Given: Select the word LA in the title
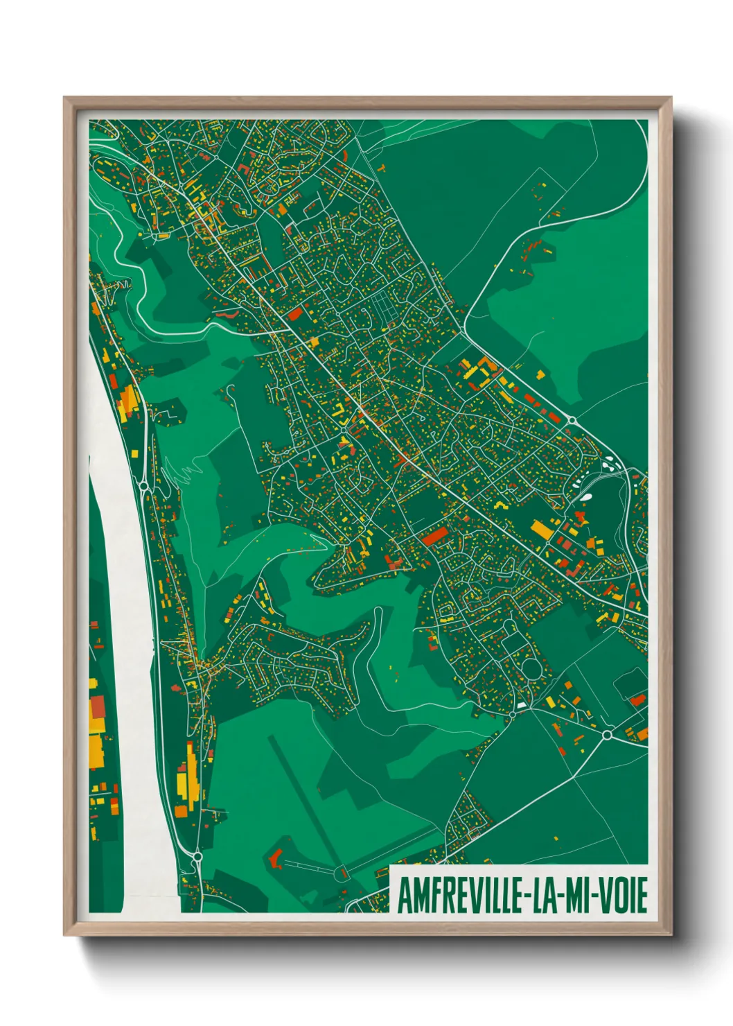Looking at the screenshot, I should tap(544, 896).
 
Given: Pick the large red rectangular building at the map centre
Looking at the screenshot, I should tap(436, 536).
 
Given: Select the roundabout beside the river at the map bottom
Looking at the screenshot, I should tap(197, 858).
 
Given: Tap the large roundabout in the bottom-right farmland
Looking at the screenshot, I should tap(608, 734).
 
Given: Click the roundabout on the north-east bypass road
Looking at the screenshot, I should tap(573, 420).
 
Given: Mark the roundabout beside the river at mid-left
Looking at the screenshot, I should tap(144, 487).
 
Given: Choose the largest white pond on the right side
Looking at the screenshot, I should tap(586, 496).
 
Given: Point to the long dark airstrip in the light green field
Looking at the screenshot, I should tap(305, 797).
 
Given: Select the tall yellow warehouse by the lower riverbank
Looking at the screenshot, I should tap(182, 781).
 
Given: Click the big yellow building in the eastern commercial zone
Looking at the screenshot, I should tap(541, 530).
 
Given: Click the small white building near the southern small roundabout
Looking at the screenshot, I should tap(519, 705).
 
